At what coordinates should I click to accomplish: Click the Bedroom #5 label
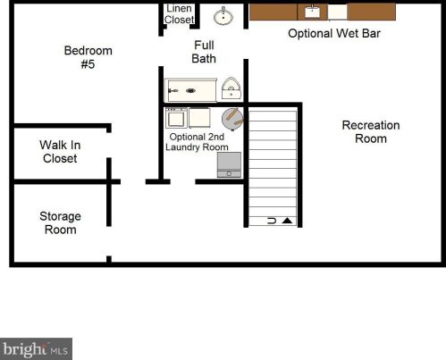pos(88,57)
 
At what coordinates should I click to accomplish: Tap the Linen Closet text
pos(179,14)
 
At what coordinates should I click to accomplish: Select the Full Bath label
pos(204,52)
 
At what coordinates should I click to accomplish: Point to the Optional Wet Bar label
pos(334,33)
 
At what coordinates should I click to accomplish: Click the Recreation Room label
pos(371,132)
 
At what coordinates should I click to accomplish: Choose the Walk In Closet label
pos(60,152)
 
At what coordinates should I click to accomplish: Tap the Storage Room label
pos(60,222)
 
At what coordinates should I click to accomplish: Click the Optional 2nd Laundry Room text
pos(197,142)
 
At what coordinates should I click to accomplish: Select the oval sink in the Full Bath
pos(223,17)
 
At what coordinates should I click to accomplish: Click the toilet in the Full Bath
pos(231,88)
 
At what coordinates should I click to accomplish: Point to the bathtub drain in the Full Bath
pos(190,90)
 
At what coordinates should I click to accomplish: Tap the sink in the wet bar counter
pos(312,12)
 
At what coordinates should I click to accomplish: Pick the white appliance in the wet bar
pos(338,13)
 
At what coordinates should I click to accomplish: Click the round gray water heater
pos(232,119)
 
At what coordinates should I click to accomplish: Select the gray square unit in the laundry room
pos(229,164)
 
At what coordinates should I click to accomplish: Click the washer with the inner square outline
pos(176,118)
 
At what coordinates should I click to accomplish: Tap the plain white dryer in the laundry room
pos(199,118)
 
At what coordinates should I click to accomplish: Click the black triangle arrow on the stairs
pos(287,221)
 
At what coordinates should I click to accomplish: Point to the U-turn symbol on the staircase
pos(272,221)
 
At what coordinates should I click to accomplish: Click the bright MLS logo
pos(36,348)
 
